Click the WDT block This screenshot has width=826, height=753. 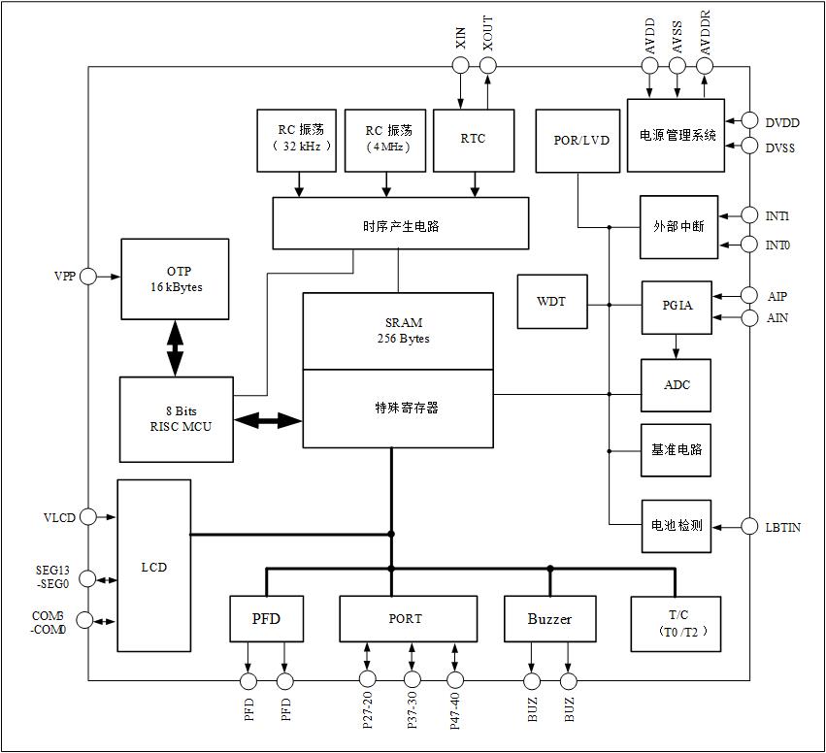tap(552, 302)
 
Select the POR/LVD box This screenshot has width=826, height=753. tap(578, 141)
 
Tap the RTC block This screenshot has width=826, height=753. tap(473, 139)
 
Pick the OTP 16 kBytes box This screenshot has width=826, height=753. tap(175, 278)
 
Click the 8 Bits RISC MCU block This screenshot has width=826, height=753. tap(176, 419)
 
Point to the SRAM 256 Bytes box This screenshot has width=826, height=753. tap(397, 331)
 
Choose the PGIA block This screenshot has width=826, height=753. tap(676, 306)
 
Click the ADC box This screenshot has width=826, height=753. tap(676, 385)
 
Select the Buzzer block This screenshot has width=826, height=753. tap(549, 619)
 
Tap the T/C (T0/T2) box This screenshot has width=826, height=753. tap(676, 623)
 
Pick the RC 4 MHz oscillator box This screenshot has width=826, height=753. tap(387, 139)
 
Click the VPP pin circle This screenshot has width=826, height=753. tap(88, 277)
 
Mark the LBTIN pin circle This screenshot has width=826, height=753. tap(749, 526)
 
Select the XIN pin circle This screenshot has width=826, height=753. tap(460, 65)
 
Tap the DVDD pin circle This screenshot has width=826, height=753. tap(749, 121)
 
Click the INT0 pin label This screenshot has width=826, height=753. tap(777, 246)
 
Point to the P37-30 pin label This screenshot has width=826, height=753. tap(413, 712)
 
